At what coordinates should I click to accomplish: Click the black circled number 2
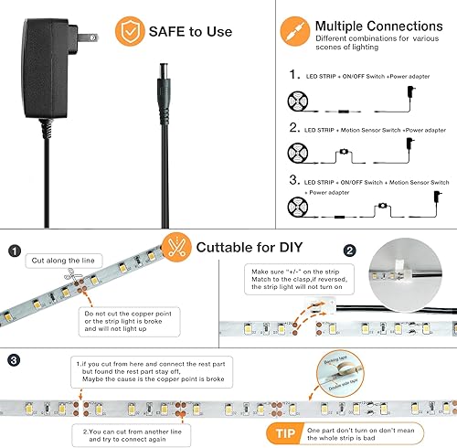(349, 250)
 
